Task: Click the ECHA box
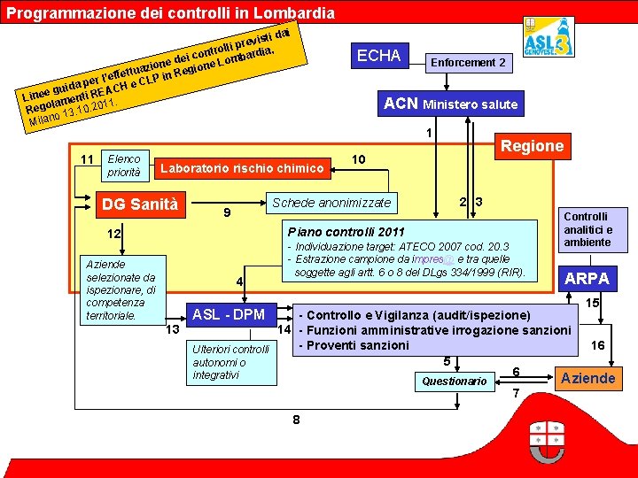point(378,56)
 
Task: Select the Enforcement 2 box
point(468,63)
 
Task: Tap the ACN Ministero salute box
point(451,104)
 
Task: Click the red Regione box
point(533,146)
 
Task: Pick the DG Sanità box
point(141,204)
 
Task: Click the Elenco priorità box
point(124,166)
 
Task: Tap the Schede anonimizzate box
point(331,203)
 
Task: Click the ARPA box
point(587,279)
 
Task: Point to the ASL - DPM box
point(229,314)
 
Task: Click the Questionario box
point(455,382)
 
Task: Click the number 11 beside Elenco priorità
point(88,159)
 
